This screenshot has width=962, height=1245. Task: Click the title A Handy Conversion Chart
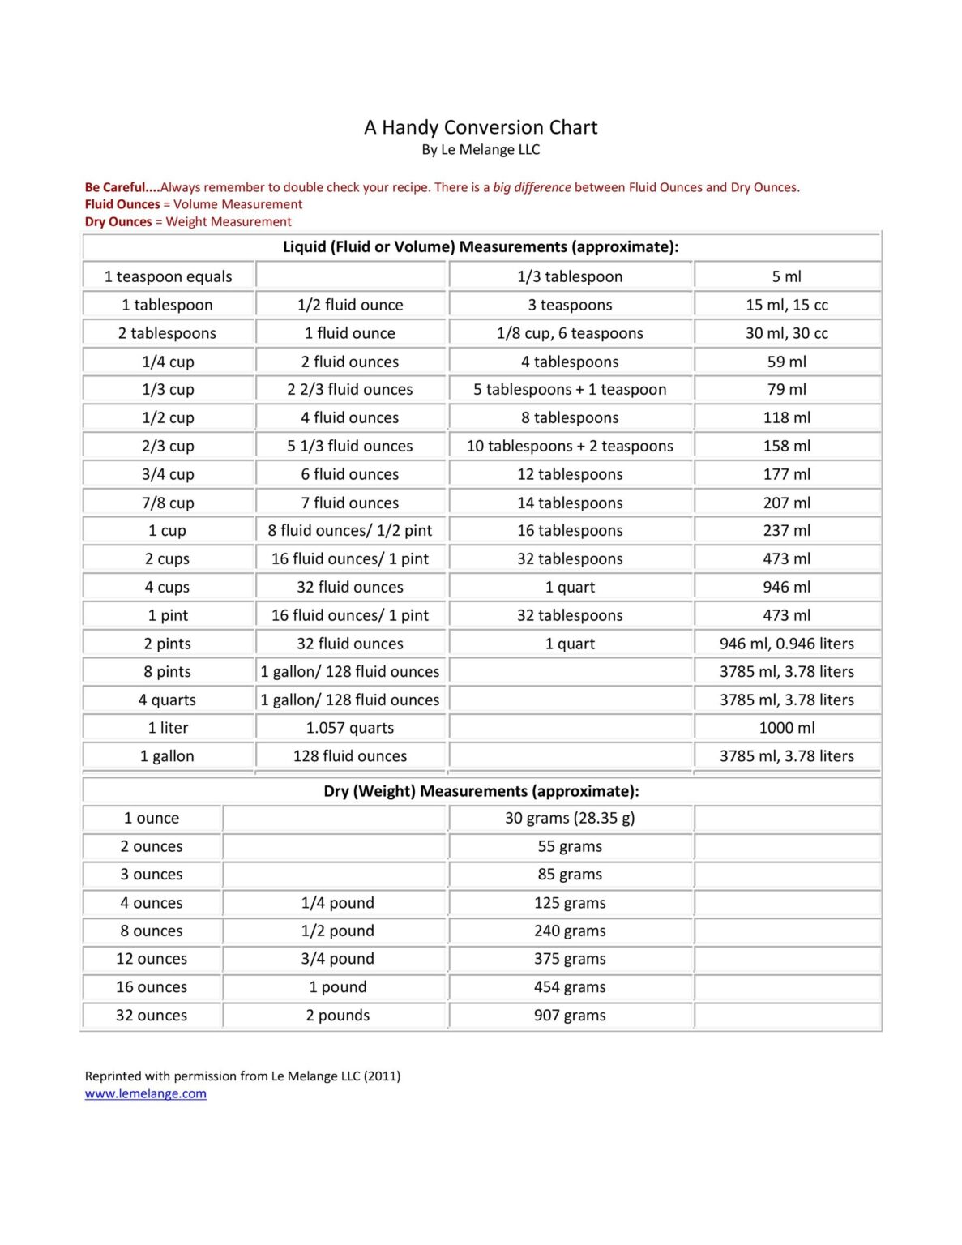[481, 127]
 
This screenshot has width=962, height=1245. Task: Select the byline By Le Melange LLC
[481, 150]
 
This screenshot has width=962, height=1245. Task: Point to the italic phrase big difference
[532, 187]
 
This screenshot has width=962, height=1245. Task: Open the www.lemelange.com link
[146, 1093]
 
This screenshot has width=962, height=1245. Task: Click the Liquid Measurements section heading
[481, 246]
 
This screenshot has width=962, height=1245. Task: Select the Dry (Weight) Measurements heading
[481, 791]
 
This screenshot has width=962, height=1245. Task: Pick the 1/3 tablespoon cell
[570, 276]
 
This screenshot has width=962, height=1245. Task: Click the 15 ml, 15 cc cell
[787, 305]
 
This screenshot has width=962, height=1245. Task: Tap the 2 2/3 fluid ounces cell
[350, 389]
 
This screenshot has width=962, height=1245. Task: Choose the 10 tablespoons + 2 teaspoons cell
[570, 446]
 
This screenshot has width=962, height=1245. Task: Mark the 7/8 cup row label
[168, 503]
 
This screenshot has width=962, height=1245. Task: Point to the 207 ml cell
[787, 503]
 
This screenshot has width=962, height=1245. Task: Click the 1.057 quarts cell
[350, 728]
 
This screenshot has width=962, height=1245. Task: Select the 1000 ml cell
[787, 728]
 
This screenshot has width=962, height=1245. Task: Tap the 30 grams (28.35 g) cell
[570, 818]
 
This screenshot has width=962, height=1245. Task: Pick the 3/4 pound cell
[337, 959]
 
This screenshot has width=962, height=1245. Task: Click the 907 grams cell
[570, 1015]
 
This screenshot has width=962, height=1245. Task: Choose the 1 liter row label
[168, 728]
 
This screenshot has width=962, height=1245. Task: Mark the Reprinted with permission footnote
[242, 1076]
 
